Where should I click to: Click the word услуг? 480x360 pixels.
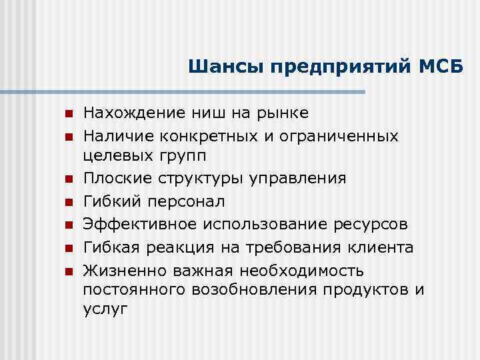tap(105, 310)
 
